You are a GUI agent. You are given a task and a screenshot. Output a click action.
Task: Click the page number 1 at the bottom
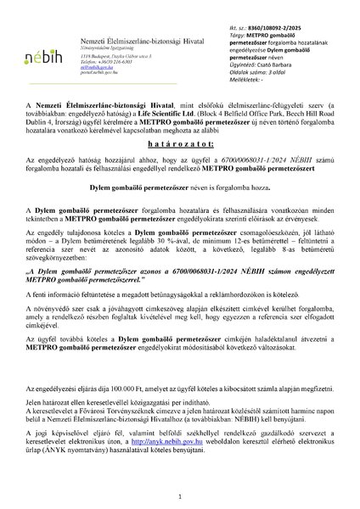180,494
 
